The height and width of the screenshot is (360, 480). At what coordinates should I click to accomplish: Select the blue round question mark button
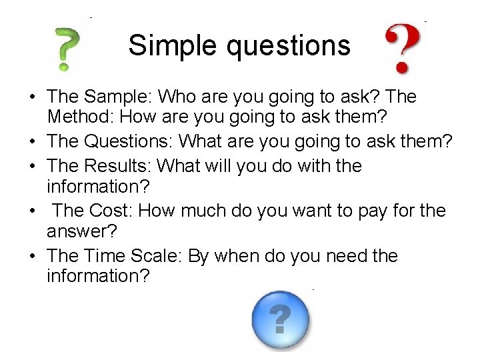pos(281,320)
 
